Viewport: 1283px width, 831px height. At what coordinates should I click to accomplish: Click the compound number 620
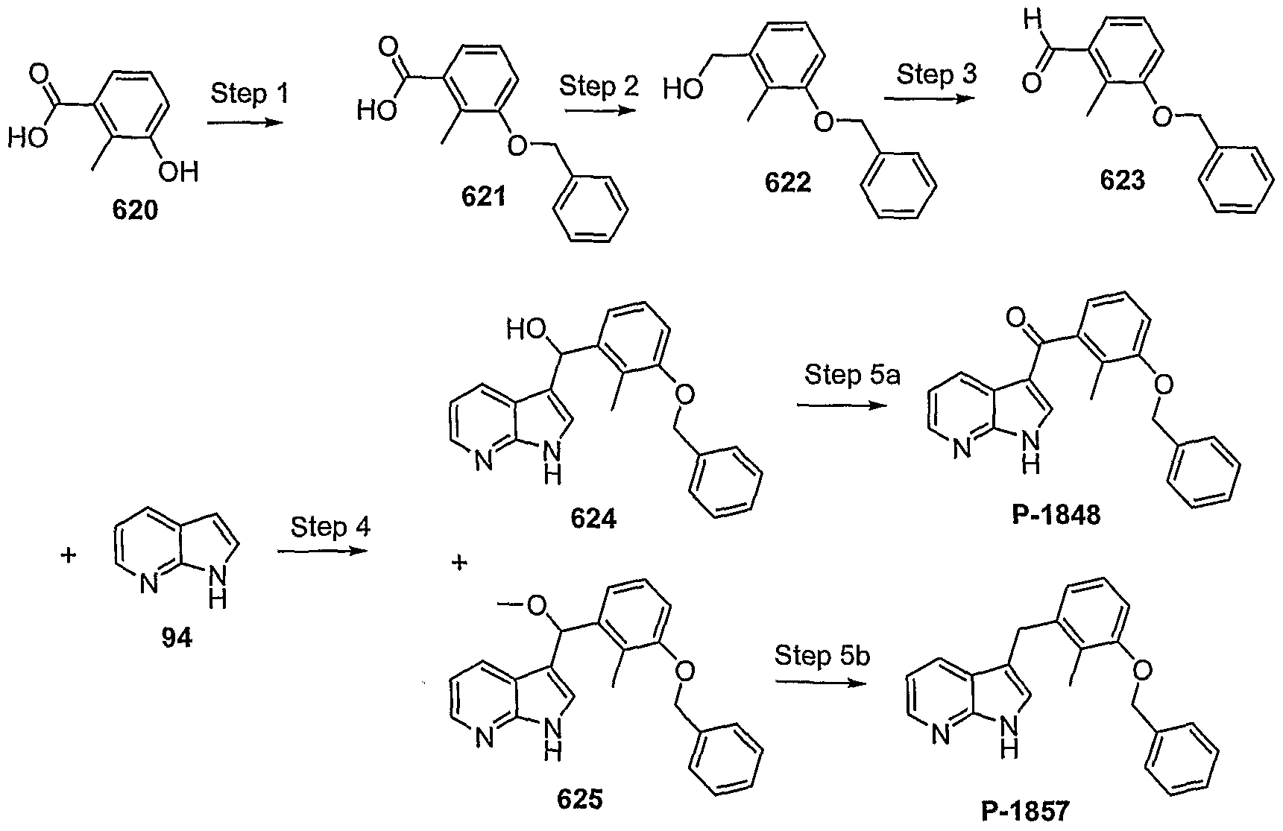pyautogui.click(x=135, y=211)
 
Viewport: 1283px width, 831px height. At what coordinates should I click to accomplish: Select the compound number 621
pyautogui.click(x=482, y=198)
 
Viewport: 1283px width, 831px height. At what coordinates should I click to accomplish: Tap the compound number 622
pyautogui.click(x=788, y=183)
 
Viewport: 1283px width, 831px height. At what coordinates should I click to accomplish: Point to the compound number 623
pyautogui.click(x=1122, y=180)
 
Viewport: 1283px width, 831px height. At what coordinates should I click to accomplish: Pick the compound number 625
pyautogui.click(x=579, y=800)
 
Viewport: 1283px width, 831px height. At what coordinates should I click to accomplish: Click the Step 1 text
pyautogui.click(x=249, y=94)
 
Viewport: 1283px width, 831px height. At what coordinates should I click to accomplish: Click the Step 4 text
pyautogui.click(x=330, y=527)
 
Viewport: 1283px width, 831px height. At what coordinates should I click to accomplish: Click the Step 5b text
pyautogui.click(x=822, y=656)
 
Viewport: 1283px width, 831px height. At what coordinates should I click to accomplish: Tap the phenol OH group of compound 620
pyautogui.click(x=180, y=174)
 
